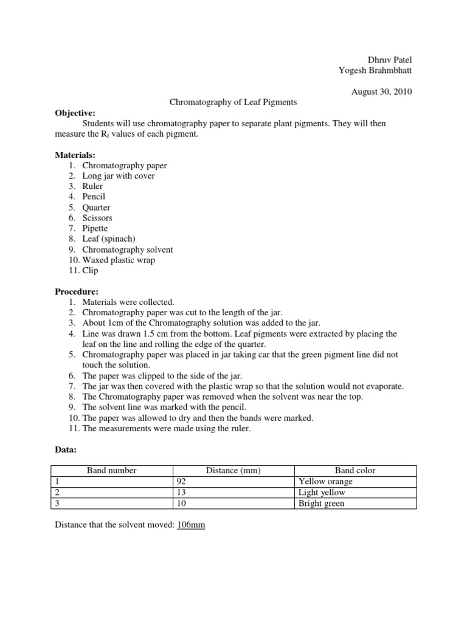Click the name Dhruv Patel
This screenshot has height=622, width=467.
tap(390, 60)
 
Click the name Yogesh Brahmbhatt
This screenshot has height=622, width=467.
tap(375, 70)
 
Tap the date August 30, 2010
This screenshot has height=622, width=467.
tap(382, 92)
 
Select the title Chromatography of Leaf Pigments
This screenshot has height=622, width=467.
tap(233, 102)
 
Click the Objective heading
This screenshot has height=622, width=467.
tap(75, 113)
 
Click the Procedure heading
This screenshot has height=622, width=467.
tap(77, 292)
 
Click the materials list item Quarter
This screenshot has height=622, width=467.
tap(96, 207)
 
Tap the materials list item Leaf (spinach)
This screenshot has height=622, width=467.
tap(108, 239)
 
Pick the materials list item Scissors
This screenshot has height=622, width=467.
tap(97, 217)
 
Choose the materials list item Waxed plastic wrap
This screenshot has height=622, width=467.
tap(119, 260)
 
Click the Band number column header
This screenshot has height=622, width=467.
tap(112, 470)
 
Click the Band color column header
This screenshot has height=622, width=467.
tap(355, 470)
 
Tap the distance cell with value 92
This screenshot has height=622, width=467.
tap(182, 481)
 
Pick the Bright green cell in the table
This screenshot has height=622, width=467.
tap(321, 504)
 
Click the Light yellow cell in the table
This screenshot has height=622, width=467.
tap(322, 493)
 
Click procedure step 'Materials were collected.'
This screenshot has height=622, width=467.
tap(128, 302)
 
